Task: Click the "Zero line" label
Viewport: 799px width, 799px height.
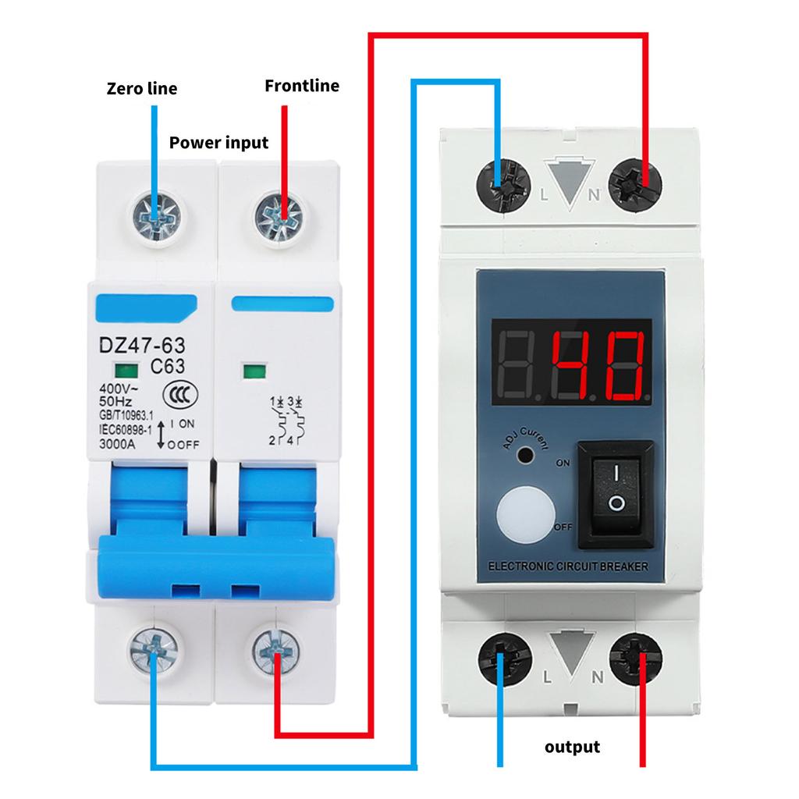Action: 141,88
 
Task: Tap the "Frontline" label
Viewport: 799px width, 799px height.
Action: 302,85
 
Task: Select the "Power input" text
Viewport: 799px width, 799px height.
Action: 218,143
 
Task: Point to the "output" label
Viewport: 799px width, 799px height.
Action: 572,747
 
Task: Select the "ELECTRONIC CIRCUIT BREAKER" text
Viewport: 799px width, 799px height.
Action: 566,567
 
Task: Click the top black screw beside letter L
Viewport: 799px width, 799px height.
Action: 501,185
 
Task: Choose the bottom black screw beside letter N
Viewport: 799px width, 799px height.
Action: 634,659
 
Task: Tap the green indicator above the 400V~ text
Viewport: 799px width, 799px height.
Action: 122,371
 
